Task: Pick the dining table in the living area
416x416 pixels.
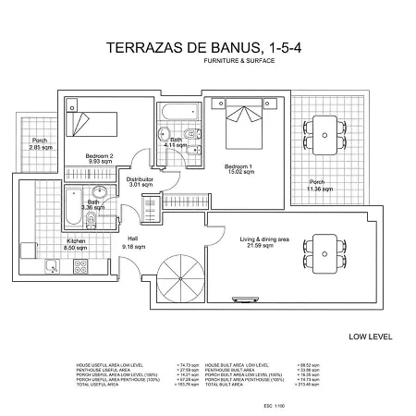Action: pos(324,248)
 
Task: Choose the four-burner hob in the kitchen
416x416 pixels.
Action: pos(80,267)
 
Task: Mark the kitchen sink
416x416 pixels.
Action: pos(53,267)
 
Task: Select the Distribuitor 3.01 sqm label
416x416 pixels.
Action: pos(139,181)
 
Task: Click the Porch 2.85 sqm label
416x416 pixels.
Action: pos(40,145)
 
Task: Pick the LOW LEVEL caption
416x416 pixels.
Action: pos(369,336)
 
